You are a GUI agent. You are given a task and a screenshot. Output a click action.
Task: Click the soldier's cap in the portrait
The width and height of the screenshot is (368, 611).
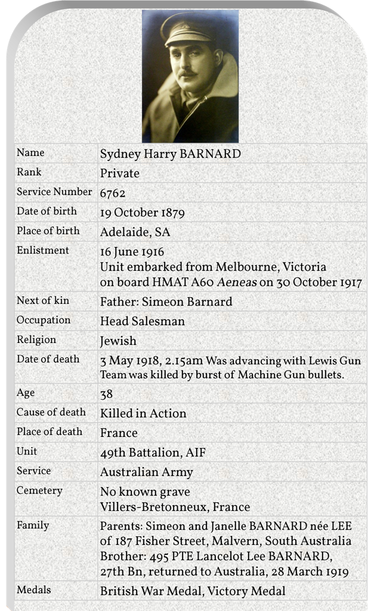185,30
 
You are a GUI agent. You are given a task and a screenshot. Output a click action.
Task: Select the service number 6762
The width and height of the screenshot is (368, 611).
113,193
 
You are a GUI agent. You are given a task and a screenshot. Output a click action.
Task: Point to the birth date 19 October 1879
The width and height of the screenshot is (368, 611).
142,212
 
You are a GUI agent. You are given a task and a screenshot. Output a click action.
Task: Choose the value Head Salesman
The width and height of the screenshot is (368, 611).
142,321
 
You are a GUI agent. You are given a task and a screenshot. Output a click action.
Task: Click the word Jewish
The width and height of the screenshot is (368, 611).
118,341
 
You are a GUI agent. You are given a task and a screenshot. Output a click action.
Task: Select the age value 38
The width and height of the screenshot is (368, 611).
107,394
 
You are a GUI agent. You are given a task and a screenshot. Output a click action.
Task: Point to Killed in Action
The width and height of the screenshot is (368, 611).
143,413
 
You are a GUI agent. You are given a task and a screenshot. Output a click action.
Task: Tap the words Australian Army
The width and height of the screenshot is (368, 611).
147,472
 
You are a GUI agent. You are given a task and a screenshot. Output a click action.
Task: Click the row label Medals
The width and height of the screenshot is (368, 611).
33,590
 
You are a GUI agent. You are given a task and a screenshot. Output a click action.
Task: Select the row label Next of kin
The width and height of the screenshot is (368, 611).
42,301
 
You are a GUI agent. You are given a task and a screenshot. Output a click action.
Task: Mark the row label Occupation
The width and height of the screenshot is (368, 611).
43,320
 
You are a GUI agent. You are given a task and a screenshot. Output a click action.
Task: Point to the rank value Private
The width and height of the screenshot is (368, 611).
119,174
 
